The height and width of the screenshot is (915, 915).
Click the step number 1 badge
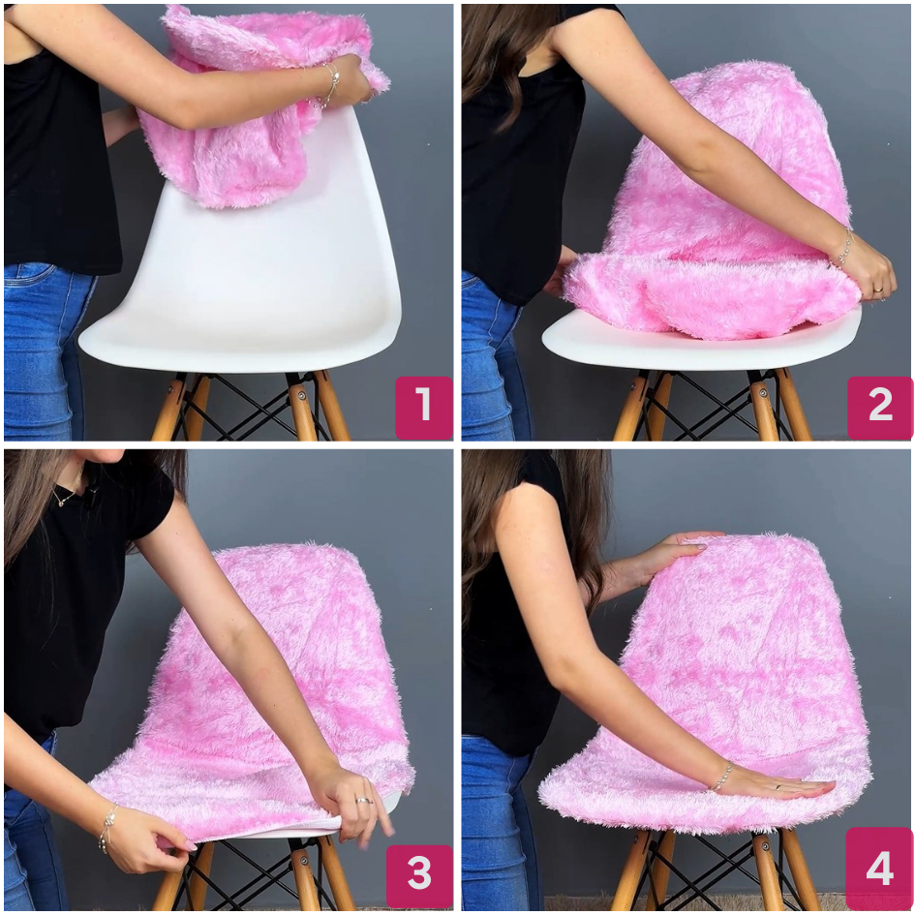424,408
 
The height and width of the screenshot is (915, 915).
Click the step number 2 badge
880,408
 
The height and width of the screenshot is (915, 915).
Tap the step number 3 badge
419,874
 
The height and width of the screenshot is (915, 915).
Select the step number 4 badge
879,869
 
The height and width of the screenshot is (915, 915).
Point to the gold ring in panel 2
877,289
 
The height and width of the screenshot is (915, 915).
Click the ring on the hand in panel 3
362,801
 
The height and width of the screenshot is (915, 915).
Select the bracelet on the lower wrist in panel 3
107,828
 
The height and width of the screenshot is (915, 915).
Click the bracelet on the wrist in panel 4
720,778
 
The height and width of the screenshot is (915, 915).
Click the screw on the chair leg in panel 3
302,859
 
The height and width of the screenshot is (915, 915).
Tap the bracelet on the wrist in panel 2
843,249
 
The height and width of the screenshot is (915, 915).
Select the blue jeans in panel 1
44,351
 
